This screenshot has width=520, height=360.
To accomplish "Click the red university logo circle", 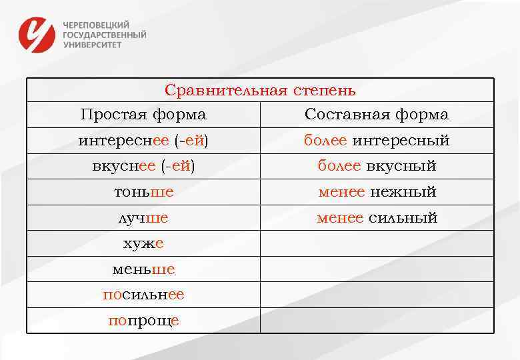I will click(36, 34).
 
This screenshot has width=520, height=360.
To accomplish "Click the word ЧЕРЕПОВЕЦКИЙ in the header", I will click(96, 24).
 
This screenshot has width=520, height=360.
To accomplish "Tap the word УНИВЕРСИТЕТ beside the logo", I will click(93, 45).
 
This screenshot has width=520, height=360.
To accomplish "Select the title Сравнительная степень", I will click(260, 90).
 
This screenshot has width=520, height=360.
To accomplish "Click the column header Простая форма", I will click(143, 115).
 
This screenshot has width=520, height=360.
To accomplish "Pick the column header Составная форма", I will click(377, 115).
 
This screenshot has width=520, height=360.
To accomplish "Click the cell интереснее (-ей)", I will click(143, 141).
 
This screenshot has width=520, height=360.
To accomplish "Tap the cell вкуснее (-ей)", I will click(143, 166).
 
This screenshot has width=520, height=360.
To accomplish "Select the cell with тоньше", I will click(143, 192).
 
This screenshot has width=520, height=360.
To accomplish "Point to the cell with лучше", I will click(143, 218).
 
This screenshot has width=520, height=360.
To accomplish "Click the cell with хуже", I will click(143, 244).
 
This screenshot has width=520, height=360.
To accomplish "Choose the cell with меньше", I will click(143, 269).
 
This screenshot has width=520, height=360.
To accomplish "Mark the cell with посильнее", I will click(143, 295).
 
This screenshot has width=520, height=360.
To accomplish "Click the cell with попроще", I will click(143, 321).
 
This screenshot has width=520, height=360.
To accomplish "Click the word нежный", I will click(403, 192).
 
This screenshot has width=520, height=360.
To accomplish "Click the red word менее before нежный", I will click(341, 192).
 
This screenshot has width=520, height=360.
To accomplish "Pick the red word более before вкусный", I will click(339, 166).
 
